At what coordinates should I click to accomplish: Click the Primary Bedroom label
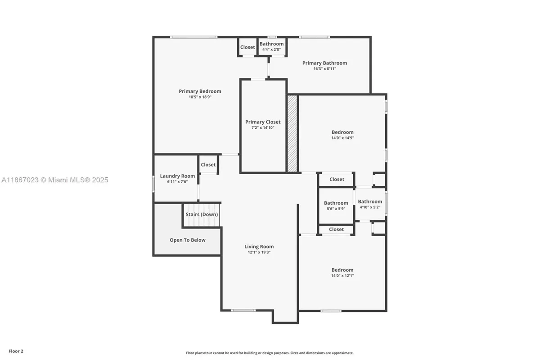pyautogui.click(x=200, y=91)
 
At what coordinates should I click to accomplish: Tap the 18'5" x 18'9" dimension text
pyautogui.click(x=200, y=97)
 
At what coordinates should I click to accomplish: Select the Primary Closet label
pyautogui.click(x=263, y=122)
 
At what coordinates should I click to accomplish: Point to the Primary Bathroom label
pyautogui.click(x=324, y=63)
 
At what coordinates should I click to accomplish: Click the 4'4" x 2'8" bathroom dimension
pyautogui.click(x=271, y=49)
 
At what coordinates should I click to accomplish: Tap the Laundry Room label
pyautogui.click(x=177, y=176)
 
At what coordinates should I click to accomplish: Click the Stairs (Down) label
pyautogui.click(x=202, y=214)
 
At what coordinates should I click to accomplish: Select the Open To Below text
pyautogui.click(x=187, y=240)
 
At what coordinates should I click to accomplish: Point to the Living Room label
pyautogui.click(x=259, y=247)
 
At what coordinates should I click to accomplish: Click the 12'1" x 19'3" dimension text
pyautogui.click(x=259, y=252)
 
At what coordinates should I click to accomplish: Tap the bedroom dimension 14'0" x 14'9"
pyautogui.click(x=342, y=138)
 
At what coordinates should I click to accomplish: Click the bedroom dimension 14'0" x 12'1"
pyautogui.click(x=342, y=275)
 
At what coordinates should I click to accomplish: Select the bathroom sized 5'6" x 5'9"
pyautogui.click(x=336, y=206)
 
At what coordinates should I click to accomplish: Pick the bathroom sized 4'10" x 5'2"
pyautogui.click(x=370, y=204)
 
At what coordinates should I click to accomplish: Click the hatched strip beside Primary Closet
pyautogui.click(x=292, y=133)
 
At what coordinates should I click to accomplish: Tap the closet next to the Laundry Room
pyautogui.click(x=208, y=165)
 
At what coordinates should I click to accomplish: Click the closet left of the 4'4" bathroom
pyautogui.click(x=247, y=47)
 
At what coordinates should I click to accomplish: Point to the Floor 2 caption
pyautogui.click(x=16, y=351)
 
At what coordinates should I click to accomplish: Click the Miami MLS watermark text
pyautogui.click(x=55, y=180)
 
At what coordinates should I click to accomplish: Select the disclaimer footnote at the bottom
pyautogui.click(x=270, y=353)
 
